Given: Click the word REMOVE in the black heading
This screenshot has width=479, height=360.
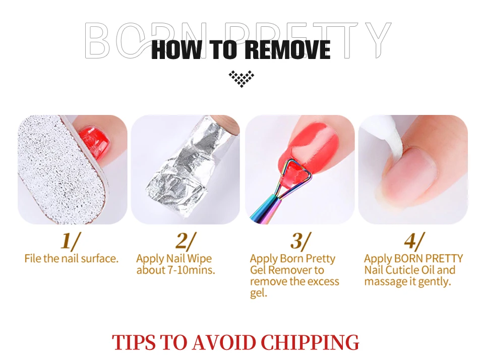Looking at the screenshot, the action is click(288, 49).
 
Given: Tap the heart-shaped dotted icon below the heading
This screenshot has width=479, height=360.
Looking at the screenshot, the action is click(242, 79).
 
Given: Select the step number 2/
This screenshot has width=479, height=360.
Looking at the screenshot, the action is click(186, 241).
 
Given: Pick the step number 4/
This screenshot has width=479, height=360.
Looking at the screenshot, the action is click(414, 241).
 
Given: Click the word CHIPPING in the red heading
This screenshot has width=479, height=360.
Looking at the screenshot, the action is click(310, 342).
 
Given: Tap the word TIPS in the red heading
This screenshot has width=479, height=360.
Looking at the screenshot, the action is click(134, 342).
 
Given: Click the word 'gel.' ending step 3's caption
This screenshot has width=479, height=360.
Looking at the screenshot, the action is click(259, 293).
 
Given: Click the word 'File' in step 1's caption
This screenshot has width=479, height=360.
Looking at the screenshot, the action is click(33, 259).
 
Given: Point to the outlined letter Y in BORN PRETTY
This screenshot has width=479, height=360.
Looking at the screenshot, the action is click(378, 40).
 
